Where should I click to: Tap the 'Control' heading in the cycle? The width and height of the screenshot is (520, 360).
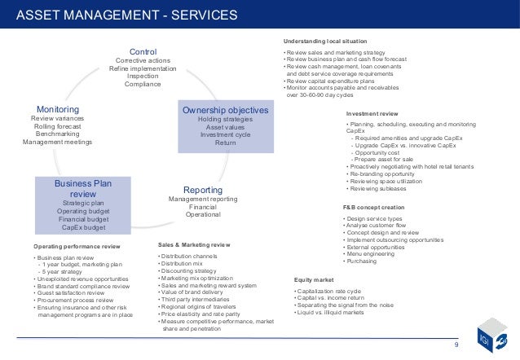143,50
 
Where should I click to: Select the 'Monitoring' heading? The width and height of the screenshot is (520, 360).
57,108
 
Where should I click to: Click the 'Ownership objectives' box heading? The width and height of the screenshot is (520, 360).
225,110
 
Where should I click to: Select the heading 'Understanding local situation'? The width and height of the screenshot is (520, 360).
325,40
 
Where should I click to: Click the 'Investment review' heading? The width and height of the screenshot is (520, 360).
372,114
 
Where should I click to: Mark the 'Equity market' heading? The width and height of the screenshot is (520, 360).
315,280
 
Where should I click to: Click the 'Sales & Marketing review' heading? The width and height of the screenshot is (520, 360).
193,244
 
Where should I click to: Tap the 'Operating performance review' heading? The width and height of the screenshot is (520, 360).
77,245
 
